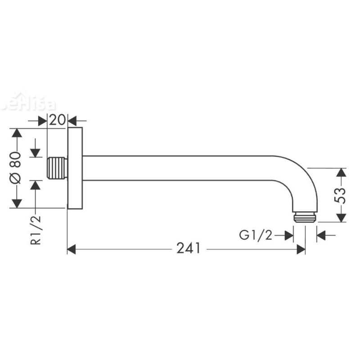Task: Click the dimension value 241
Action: [188, 249]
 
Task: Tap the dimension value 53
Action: [342, 195]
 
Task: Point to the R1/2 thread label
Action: [36, 229]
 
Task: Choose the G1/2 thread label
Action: [256, 235]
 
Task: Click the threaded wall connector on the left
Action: [57, 168]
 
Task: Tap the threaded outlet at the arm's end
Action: [305, 217]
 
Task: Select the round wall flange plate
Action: [75, 168]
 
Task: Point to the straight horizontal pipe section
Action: [180, 168]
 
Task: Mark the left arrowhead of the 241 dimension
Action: [72, 249]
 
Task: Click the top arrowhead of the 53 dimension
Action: [342, 173]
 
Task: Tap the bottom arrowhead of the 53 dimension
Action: [342, 217]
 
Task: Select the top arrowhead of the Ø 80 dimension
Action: [16, 134]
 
